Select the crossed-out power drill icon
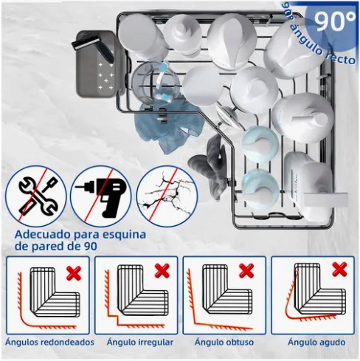(x=101, y=196)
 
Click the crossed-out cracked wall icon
(x=167, y=196)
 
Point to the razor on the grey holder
(x=93, y=47)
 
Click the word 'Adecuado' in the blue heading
(x=43, y=235)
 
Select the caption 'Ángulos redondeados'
(x=49, y=342)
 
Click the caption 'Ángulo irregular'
(x=139, y=342)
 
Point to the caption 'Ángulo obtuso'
(x=224, y=342)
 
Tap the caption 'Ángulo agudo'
(x=316, y=342)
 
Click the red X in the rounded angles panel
(x=74, y=273)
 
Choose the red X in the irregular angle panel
(x=162, y=271)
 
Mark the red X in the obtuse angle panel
(x=246, y=271)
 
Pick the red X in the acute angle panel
(x=339, y=269)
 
